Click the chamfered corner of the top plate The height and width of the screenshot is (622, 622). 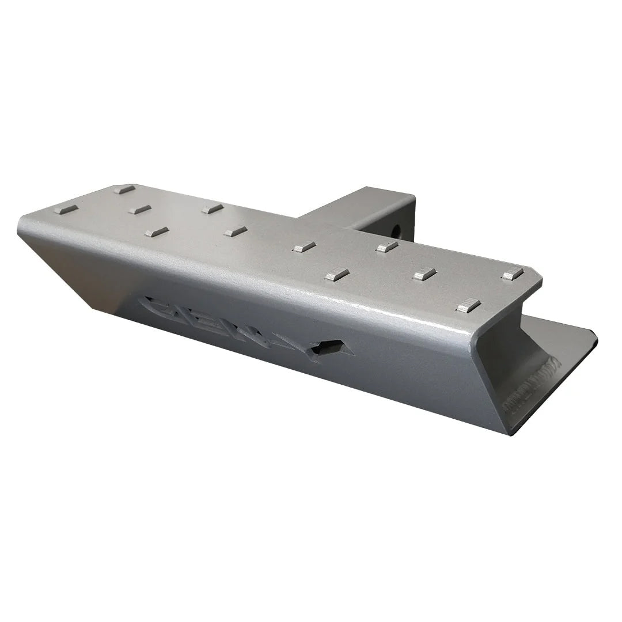click(537, 282)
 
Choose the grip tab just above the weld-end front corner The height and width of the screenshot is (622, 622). click(469, 305)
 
